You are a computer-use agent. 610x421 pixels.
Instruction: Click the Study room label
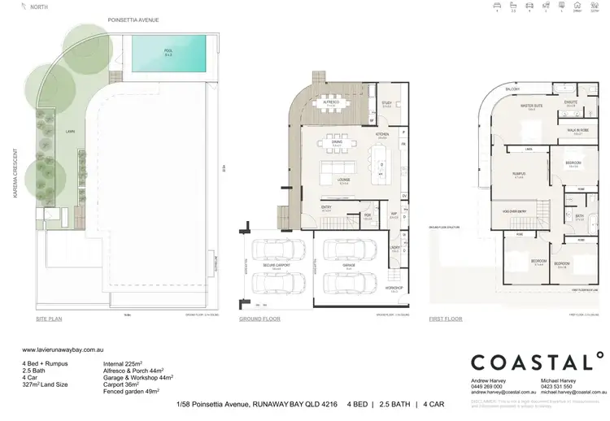tap(387, 102)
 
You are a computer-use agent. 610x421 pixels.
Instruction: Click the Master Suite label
tap(532, 106)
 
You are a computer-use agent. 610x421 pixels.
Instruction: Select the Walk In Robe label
tap(578, 133)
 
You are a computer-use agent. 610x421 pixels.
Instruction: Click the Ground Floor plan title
tap(259, 319)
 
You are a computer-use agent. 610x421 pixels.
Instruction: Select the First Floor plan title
tap(447, 319)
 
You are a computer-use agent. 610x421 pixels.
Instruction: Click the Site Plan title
tap(49, 319)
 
